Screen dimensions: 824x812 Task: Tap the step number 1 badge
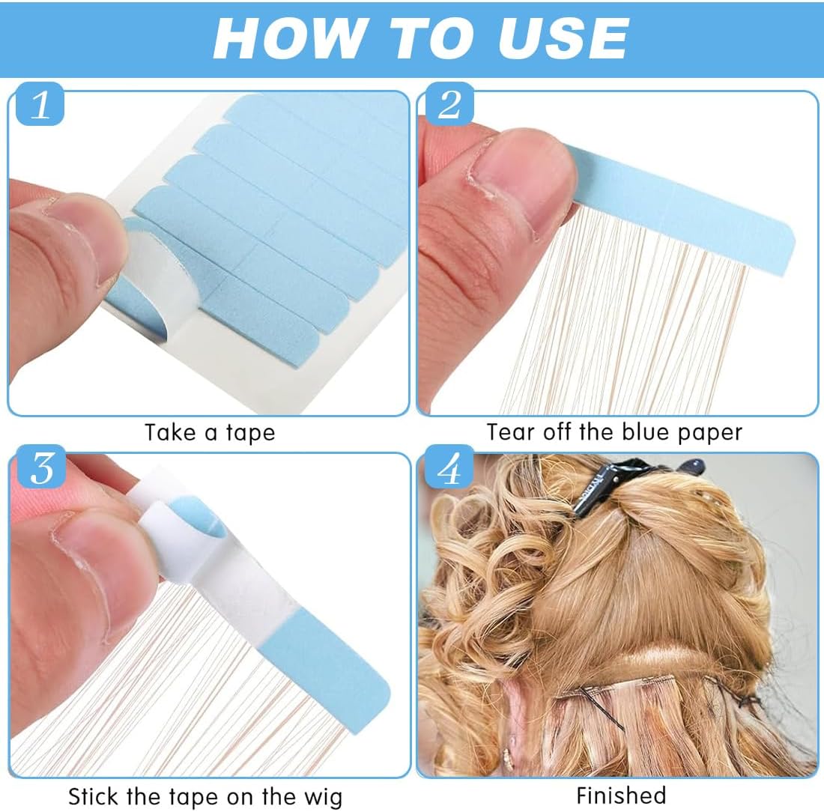coord(40,104)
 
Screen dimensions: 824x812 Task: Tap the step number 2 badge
coord(449,104)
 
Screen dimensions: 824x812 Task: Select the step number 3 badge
coord(41,467)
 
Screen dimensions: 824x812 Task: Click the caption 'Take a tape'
coord(210,433)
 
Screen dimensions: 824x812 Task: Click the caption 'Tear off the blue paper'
coord(614,432)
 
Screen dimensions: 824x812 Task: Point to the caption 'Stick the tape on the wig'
coord(205,797)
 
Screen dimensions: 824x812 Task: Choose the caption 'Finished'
coord(621,796)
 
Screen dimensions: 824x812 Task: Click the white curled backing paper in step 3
coord(195,542)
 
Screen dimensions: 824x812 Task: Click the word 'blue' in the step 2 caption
coord(643,431)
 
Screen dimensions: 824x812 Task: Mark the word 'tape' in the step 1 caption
coord(251,434)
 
